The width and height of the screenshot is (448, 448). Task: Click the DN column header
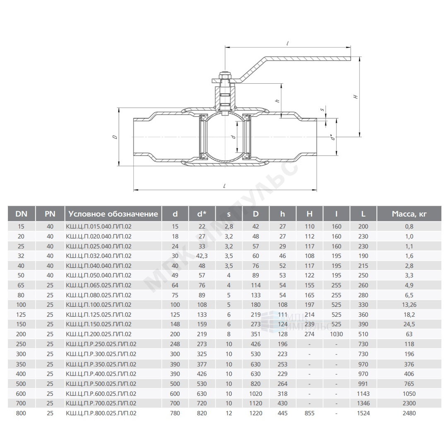21,214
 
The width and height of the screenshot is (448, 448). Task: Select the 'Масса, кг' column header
409,214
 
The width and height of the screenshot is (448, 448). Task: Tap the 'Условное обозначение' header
113,214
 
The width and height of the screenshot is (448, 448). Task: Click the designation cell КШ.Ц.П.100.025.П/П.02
99,305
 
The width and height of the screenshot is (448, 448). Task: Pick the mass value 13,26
409,305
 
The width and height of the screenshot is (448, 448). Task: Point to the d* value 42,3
202,256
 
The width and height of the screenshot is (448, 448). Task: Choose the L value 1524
363,413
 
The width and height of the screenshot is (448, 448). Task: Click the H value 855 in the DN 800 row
309,413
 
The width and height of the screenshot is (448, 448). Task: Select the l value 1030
336,334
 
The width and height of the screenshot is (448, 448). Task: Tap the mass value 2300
409,403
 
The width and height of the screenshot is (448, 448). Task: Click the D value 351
255,334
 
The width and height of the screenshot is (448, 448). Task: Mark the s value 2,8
229,227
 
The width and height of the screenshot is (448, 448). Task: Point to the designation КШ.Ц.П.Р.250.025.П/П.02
101,344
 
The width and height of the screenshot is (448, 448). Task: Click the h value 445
282,413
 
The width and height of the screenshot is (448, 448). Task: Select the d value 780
175,413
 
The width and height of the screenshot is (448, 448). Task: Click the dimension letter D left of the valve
115,137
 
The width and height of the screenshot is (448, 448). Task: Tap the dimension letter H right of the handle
356,96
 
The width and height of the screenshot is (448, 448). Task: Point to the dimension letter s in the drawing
322,109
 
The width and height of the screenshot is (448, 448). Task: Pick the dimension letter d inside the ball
234,137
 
